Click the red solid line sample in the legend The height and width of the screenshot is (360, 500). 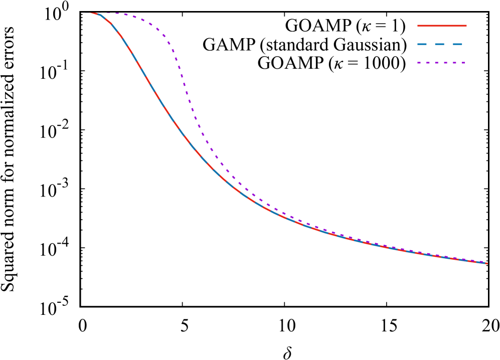coord(442,26)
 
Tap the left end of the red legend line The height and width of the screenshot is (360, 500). coord(418,26)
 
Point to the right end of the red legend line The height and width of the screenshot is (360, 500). coord(466,26)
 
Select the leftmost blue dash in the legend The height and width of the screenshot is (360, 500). coord(422,44)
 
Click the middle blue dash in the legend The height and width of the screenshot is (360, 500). coord(439,44)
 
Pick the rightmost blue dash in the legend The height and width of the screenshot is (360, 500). coord(457,44)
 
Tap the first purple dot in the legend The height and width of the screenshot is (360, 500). coord(419,63)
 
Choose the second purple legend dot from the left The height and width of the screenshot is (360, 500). coord(428,63)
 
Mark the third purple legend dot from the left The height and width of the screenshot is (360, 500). coord(436,63)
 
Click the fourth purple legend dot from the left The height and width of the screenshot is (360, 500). coord(445,63)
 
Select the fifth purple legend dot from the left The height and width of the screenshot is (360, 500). coord(454,63)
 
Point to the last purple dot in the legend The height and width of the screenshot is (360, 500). coord(463,63)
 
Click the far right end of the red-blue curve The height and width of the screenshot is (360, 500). coord(486,263)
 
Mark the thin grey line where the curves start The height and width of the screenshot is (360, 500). coord(86,13)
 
